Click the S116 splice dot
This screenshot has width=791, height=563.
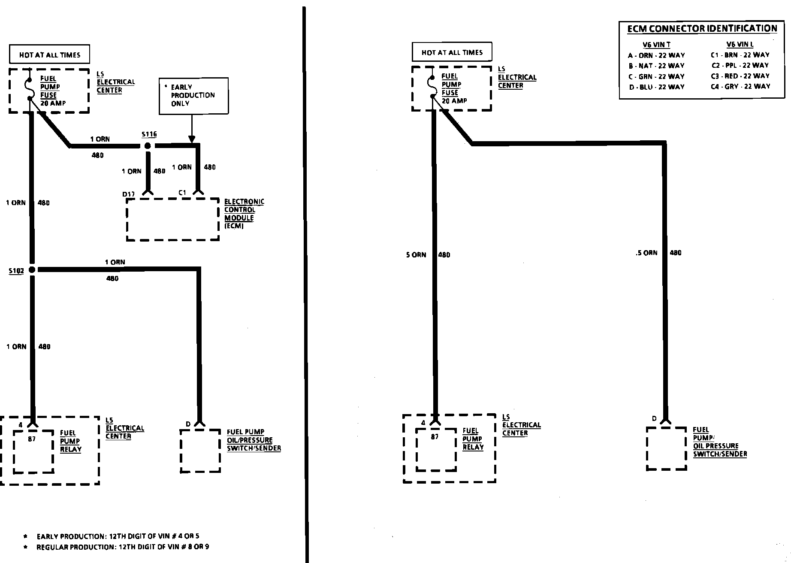pyautogui.click(x=148, y=146)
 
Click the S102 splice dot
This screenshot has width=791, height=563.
pyautogui.click(x=32, y=270)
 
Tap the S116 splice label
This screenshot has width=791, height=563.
pyautogui.click(x=149, y=134)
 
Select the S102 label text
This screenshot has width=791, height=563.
pyautogui.click(x=16, y=271)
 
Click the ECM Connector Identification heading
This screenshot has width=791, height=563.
pyautogui.click(x=702, y=29)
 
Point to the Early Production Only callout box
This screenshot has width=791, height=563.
pyautogui.click(x=193, y=96)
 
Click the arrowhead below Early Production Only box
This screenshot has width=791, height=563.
pyautogui.click(x=192, y=139)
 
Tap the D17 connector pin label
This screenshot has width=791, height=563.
pyautogui.click(x=129, y=194)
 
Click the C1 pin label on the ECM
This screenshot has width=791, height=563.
pyautogui.click(x=183, y=193)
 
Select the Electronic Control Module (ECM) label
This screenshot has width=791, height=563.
pyautogui.click(x=244, y=214)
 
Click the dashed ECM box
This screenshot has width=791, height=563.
pyautogui.click(x=173, y=219)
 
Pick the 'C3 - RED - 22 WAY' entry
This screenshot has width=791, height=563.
pyautogui.click(x=740, y=76)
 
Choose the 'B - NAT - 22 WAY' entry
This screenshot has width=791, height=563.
pyautogui.click(x=656, y=66)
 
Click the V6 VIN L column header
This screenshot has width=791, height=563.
pyautogui.click(x=740, y=44)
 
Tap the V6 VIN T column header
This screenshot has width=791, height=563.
pyautogui.click(x=656, y=45)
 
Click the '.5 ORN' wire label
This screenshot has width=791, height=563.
pyautogui.click(x=646, y=253)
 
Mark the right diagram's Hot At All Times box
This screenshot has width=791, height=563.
pyautogui.click(x=452, y=52)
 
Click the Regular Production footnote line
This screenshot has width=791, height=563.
pyautogui.click(x=122, y=547)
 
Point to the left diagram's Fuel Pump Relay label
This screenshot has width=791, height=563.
pyautogui.click(x=70, y=441)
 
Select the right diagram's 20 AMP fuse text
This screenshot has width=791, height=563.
pyautogui.click(x=454, y=101)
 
